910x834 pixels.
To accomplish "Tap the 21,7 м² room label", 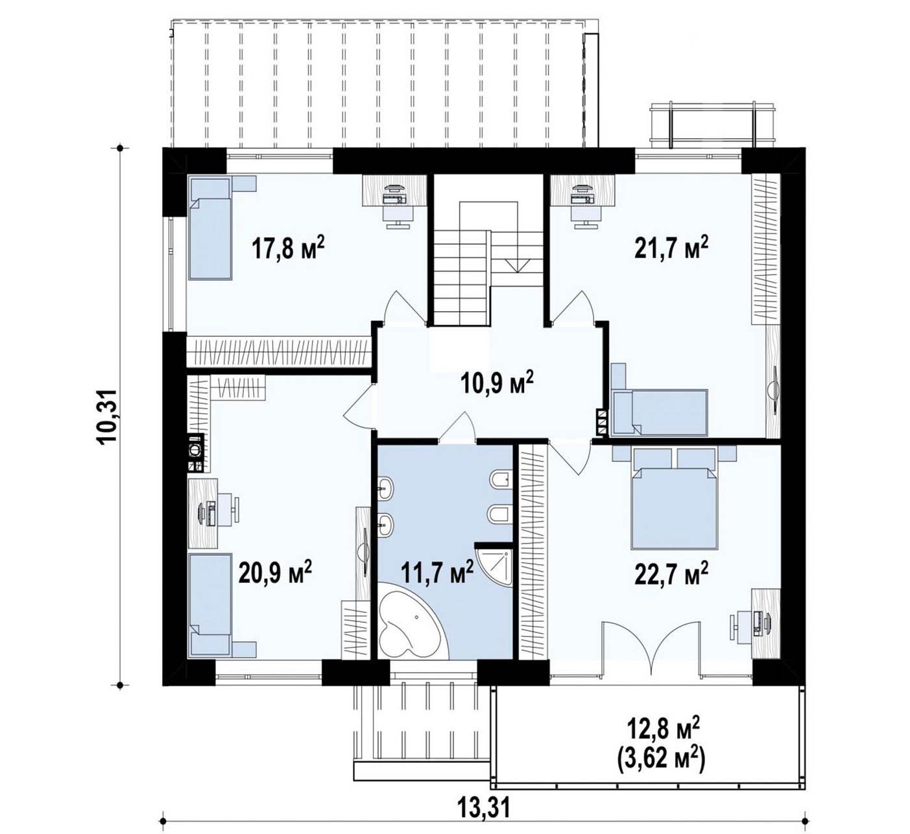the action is pyautogui.click(x=671, y=248).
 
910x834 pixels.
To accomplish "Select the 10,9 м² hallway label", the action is pyautogui.click(x=497, y=383).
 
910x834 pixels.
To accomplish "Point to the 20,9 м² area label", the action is pyautogui.click(x=275, y=573).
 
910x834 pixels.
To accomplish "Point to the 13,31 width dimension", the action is pyautogui.click(x=484, y=807).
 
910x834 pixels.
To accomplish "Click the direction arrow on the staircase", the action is pyautogui.click(x=517, y=265).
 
